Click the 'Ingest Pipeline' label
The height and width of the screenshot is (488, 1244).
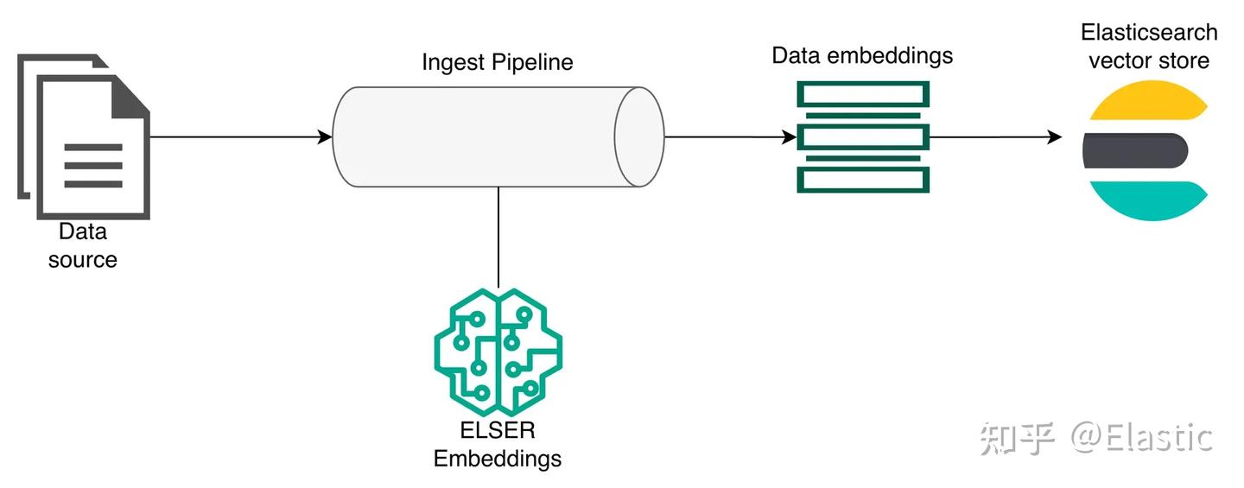point(497,62)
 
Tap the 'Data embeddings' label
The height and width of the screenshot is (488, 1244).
point(862,55)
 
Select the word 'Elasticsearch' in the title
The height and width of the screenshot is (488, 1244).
point(1149,32)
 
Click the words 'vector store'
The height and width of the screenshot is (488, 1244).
point(1149,60)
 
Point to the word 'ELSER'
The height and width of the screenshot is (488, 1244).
point(498,430)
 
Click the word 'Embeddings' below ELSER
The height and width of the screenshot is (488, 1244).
point(497,459)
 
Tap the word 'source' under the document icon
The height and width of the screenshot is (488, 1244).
point(83,260)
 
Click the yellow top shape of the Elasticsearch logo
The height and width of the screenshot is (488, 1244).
point(1148,100)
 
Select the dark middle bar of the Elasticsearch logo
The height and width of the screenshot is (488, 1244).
point(1135,150)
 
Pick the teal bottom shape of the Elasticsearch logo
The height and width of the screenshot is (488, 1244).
point(1148,200)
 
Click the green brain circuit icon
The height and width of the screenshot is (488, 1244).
point(498,352)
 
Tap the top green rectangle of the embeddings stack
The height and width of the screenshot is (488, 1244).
point(863,94)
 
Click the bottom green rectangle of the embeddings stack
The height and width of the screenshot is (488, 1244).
point(863,181)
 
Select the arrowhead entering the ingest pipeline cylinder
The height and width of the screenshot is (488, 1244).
point(325,136)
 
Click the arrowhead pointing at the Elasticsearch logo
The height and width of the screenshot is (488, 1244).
point(1055,136)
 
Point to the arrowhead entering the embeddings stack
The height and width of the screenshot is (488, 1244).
point(790,136)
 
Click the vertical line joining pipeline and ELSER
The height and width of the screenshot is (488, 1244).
point(498,237)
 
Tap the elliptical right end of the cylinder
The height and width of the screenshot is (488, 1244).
point(639,136)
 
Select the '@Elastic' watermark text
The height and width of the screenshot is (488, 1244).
point(1141,438)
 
